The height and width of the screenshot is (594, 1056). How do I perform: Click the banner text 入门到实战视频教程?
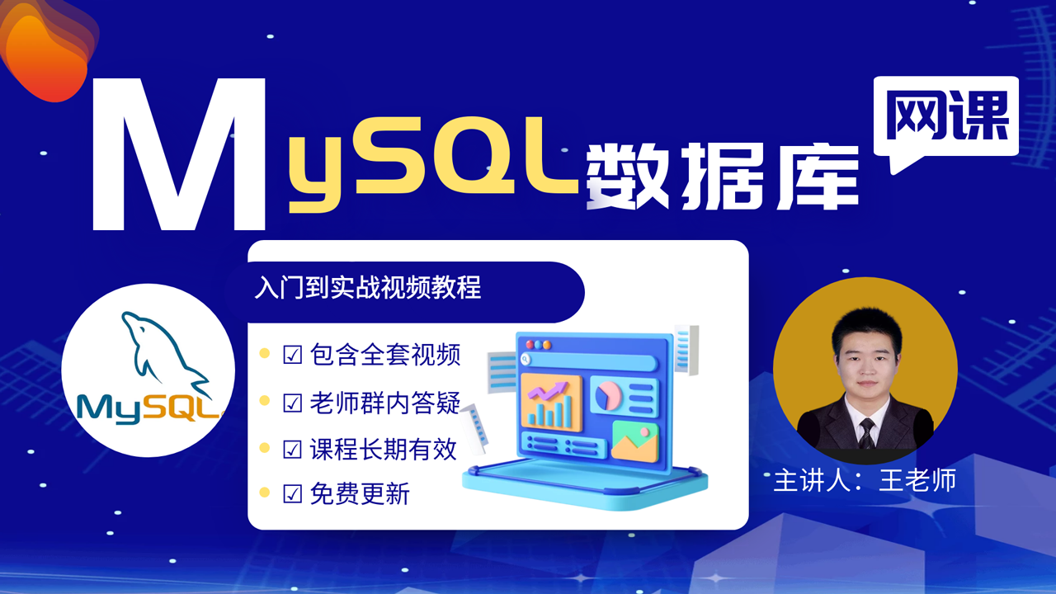368,287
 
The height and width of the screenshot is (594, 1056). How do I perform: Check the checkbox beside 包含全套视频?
292,355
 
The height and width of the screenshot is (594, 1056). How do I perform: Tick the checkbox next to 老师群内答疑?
292,403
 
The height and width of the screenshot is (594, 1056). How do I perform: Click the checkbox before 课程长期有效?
292,450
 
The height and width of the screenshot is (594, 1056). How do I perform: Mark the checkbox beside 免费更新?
292,494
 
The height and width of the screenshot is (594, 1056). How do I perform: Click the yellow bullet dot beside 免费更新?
265,493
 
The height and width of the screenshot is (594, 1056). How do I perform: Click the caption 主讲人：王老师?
865,480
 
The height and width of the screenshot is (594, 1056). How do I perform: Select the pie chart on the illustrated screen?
608,395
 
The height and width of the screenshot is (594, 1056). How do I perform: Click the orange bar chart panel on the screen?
551,402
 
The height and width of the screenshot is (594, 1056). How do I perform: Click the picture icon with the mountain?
634,441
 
